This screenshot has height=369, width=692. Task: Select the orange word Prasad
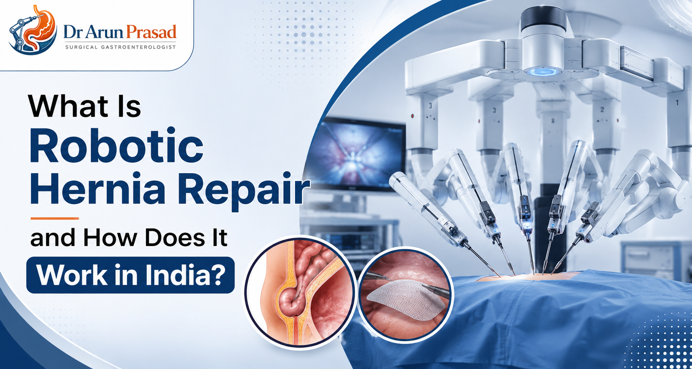(x=151, y=32)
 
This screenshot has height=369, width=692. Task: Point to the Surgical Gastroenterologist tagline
(x=121, y=47)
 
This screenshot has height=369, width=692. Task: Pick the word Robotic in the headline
(x=116, y=146)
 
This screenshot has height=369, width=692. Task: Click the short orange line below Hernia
(x=55, y=218)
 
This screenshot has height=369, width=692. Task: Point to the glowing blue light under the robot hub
(x=543, y=72)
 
